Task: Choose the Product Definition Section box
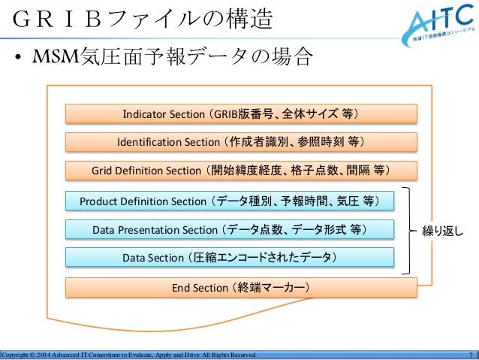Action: (230, 201)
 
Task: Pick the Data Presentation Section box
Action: (230, 228)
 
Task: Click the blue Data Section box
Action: (230, 258)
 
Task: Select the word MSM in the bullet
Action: (47, 58)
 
